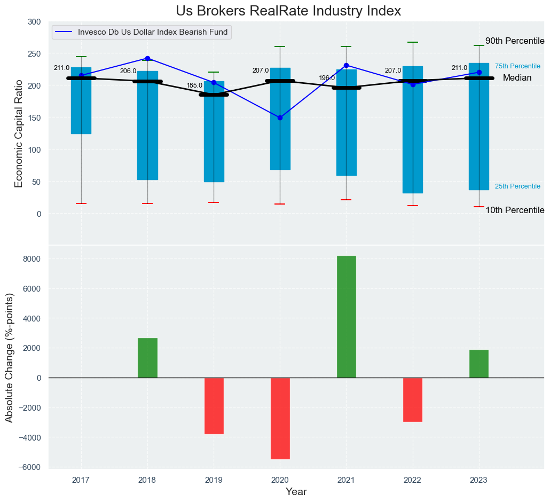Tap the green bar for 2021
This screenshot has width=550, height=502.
pyautogui.click(x=346, y=317)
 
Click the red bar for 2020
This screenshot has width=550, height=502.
pyautogui.click(x=280, y=418)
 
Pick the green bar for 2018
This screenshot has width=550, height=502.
pyautogui.click(x=147, y=358)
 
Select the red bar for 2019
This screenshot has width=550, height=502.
pyautogui.click(x=214, y=406)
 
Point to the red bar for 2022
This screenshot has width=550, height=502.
pyautogui.click(x=412, y=399)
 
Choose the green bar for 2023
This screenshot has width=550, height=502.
pyautogui.click(x=478, y=364)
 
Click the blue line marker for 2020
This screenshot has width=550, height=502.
pyautogui.click(x=280, y=117)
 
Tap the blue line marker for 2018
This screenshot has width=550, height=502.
pyautogui.click(x=147, y=59)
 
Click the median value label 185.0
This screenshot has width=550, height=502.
pyautogui.click(x=194, y=85)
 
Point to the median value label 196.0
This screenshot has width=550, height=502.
pyautogui.click(x=327, y=78)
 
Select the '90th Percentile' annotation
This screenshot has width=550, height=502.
pyautogui.click(x=514, y=41)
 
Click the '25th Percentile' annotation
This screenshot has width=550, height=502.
pyautogui.click(x=517, y=186)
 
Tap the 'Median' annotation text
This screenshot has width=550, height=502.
pyautogui.click(x=517, y=78)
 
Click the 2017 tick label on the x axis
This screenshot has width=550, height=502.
pyautogui.click(x=81, y=481)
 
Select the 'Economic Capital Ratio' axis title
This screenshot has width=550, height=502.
pyautogui.click(x=19, y=133)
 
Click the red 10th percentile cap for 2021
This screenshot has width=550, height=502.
pyautogui.click(x=346, y=200)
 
